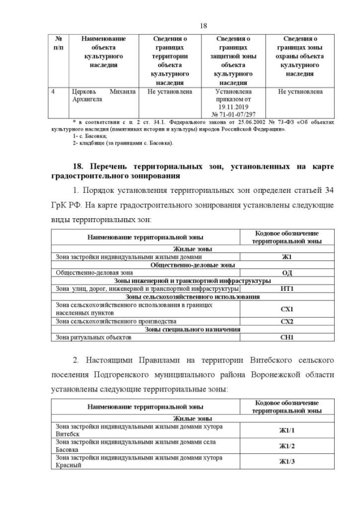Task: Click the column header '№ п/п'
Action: [x=58, y=43]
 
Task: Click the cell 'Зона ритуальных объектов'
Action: [x=93, y=337]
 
